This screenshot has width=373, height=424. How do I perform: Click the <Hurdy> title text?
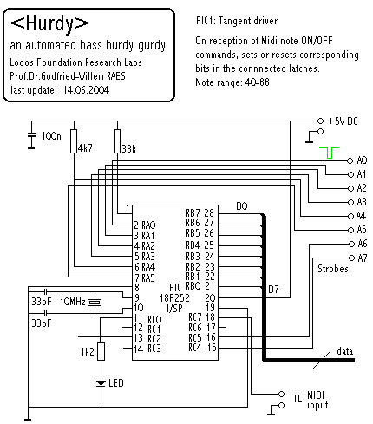pyautogui.click(x=49, y=23)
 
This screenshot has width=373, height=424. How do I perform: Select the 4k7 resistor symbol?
pyautogui.click(x=74, y=141)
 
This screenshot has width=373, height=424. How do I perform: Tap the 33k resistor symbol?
pyautogui.click(x=117, y=141)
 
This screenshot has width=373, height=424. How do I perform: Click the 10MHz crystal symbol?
pyautogui.click(x=95, y=303)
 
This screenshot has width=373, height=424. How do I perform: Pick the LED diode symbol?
pyautogui.click(x=101, y=383)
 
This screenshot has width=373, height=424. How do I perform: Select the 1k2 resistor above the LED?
pyautogui.click(x=101, y=351)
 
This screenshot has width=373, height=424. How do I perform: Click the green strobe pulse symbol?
pyautogui.click(x=329, y=153)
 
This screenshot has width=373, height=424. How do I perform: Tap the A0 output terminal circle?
pyautogui.click(x=350, y=160)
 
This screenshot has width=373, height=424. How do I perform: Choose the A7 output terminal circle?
pyautogui.click(x=351, y=258)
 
